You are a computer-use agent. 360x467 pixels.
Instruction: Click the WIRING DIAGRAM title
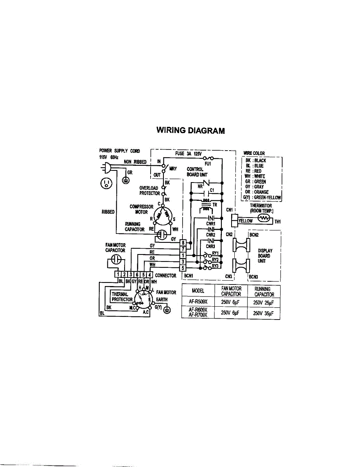[190, 130]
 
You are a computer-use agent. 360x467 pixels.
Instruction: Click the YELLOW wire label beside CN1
[245, 221]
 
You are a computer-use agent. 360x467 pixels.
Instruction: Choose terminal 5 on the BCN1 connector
[182, 267]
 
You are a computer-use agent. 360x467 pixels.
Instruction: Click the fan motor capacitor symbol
[116, 259]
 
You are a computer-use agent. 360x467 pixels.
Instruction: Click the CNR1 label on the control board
[211, 223]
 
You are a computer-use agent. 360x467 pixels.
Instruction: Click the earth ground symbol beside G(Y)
[167, 310]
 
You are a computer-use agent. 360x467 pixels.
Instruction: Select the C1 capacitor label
[212, 190]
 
